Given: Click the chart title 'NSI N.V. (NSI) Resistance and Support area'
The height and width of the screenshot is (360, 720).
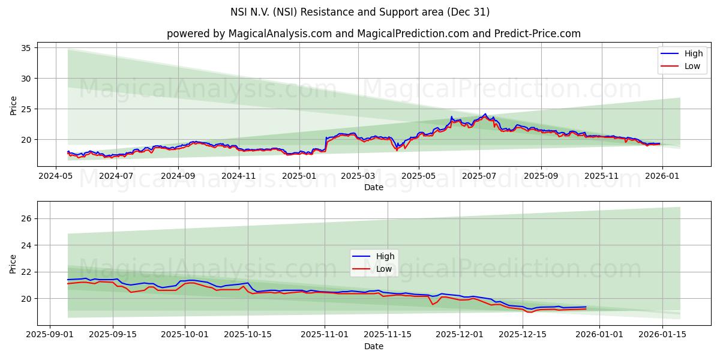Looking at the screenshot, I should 360,12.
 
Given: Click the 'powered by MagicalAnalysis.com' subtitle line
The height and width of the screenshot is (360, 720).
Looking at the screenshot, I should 373,34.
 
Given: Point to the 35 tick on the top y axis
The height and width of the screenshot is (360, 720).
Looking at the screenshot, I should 26,48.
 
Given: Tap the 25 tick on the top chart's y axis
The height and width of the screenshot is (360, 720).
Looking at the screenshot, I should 26,109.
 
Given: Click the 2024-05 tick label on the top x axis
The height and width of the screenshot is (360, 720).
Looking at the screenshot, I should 55,176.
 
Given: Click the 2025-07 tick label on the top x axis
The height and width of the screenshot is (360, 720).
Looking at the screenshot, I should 479,176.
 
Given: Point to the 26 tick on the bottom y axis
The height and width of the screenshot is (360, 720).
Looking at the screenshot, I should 26,219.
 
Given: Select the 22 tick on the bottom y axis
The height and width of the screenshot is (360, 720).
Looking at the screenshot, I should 26,272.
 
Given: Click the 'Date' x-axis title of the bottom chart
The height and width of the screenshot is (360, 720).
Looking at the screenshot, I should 373,347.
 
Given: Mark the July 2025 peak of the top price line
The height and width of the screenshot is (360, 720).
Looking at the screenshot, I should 485,114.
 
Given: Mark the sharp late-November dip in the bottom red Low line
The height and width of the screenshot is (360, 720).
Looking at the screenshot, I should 432,304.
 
